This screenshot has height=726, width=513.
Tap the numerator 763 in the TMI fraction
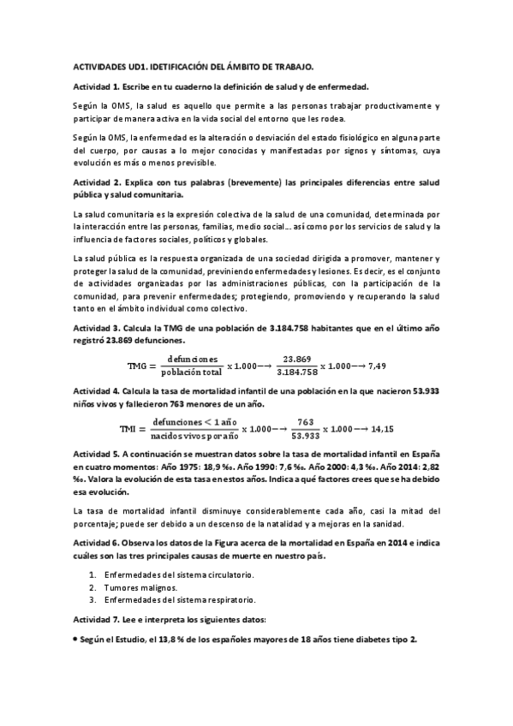tap(305, 420)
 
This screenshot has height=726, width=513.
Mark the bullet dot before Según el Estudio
tap(75, 640)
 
